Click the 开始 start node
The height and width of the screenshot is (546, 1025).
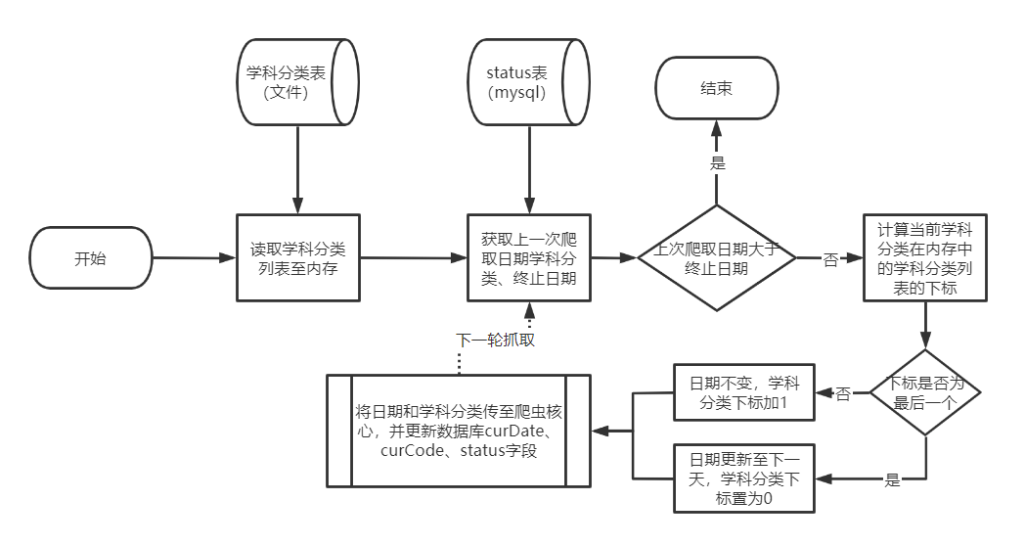point(91,259)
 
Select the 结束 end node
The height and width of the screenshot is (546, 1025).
point(716,88)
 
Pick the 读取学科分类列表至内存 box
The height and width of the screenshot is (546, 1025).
point(298,257)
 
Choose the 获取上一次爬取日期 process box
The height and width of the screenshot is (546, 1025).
point(528,258)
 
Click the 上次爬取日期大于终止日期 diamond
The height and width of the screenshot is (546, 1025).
point(716,258)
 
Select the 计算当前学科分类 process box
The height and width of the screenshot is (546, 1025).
point(924,258)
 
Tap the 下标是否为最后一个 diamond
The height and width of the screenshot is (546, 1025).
point(924,392)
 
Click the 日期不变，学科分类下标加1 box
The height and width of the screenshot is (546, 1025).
point(743,392)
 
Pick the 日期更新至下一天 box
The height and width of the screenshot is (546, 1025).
point(743,478)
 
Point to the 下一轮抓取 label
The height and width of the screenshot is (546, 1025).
point(496,341)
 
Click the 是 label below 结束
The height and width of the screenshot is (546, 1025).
point(717,163)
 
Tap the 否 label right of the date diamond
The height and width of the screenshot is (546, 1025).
point(829,260)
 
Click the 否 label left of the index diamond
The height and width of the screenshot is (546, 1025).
point(842,392)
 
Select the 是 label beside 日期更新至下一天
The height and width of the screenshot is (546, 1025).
point(891,479)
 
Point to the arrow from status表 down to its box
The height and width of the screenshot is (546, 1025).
point(528,170)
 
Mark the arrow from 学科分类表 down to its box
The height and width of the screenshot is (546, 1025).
point(295,170)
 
